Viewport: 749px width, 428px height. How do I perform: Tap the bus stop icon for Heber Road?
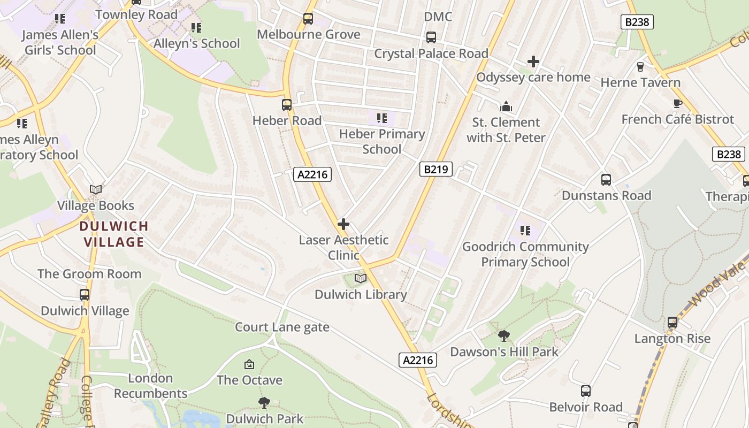287,105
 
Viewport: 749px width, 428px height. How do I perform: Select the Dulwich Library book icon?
361,279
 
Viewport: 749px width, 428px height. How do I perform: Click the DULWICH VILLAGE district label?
114,234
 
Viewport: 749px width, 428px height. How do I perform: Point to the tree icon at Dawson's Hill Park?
503,336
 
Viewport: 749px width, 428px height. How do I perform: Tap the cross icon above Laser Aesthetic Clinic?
343,224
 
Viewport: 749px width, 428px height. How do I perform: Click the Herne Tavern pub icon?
640,67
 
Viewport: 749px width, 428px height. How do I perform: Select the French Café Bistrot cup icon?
677,104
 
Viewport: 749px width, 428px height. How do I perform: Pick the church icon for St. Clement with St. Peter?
506,106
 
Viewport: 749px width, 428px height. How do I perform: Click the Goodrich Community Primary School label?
525,254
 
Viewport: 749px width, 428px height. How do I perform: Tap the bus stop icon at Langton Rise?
672,323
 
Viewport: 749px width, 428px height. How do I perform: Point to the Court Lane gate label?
282,327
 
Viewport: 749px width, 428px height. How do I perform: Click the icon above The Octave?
249,365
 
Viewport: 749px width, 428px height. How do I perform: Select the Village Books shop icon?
96,190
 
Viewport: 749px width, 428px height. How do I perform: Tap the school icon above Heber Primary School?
381,118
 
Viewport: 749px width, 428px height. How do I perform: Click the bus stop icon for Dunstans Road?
606,180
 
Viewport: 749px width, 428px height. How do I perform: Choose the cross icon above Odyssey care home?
533,62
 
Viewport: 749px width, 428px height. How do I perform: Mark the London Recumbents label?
150,386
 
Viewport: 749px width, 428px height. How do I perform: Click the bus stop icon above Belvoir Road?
586,391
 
